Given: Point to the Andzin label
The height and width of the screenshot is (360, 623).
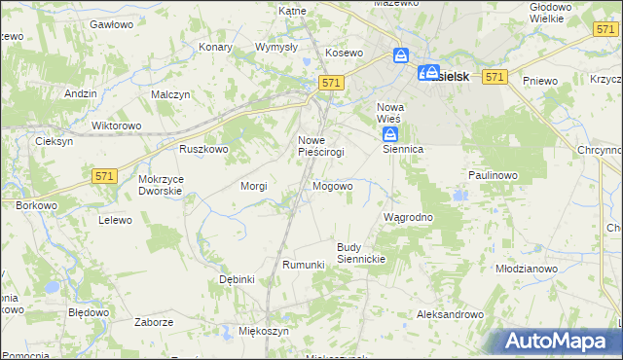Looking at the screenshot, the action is [81, 93].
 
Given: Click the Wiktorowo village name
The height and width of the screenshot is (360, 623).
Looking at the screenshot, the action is [116, 126].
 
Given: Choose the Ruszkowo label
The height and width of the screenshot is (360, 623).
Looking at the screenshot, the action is [202, 149].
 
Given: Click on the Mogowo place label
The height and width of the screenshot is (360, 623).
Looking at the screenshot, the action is [332, 185].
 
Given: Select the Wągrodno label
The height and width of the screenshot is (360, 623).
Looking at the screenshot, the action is [408, 216].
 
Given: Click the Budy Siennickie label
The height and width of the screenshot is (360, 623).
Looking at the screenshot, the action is [362, 253].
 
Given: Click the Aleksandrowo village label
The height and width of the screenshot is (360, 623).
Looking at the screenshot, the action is [450, 314].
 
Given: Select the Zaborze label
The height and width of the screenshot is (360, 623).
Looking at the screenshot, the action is [155, 321].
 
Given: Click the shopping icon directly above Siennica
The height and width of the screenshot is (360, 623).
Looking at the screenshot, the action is [389, 133].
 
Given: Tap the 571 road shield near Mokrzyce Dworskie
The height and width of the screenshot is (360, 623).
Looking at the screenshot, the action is [105, 175].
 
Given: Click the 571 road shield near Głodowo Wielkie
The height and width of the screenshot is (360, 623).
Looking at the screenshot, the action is [602, 31].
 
